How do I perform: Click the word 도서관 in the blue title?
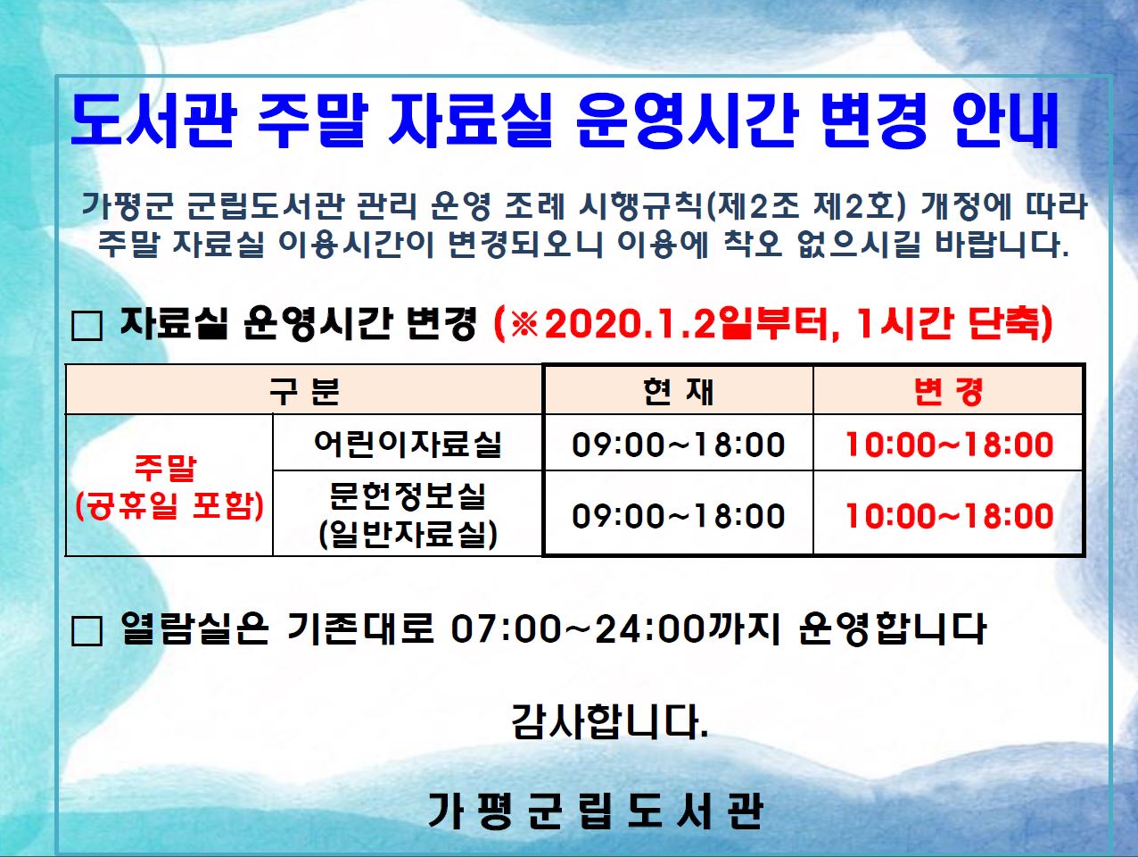click(x=154, y=121)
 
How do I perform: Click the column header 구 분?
click(x=304, y=391)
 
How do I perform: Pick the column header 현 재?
click(x=678, y=391)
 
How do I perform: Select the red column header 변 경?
click(x=948, y=391)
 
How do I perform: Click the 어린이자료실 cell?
click(x=408, y=444)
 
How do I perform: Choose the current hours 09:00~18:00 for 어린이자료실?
click(x=678, y=445)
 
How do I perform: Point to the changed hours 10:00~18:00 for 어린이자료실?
click(x=949, y=445)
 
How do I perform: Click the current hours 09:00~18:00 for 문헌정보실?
click(x=678, y=516)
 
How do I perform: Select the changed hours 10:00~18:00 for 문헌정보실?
click(x=949, y=516)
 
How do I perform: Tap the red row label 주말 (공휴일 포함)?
click(x=169, y=487)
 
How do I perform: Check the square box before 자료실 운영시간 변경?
click(x=87, y=326)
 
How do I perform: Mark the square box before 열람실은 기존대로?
click(x=87, y=631)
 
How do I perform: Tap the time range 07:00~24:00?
click(x=578, y=629)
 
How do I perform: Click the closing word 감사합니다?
click(x=609, y=721)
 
